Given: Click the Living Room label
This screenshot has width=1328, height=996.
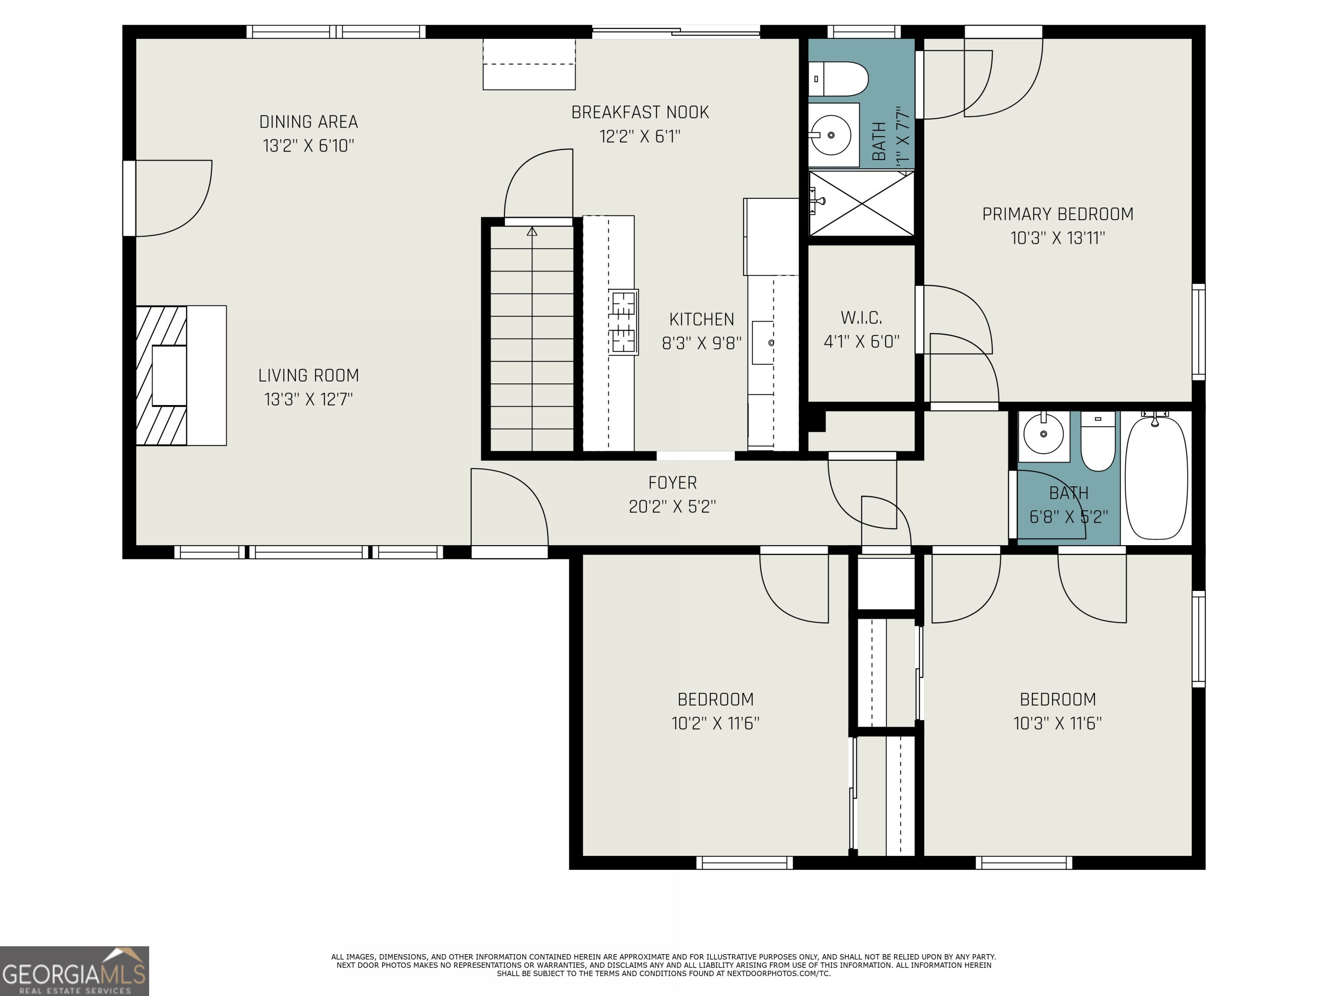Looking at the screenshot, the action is pos(309,376).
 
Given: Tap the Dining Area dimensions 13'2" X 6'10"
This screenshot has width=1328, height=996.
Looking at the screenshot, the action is pos(309,146).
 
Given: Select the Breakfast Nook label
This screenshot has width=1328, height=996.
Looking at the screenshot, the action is pos(640,112).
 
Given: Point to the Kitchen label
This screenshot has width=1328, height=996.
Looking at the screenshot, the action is pos(701,319).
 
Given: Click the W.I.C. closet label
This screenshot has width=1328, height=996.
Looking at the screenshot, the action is pos(862,318).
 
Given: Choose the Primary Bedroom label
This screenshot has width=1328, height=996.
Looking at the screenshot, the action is pos(1058,214).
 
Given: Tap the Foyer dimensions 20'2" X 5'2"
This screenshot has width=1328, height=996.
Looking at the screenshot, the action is pos(672,507).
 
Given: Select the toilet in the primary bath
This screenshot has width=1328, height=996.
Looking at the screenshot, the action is pos(839,79).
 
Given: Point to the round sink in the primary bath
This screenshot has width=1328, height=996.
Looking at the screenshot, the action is pos(830,135).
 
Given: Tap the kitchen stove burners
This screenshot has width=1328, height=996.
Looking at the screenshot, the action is pos(624,322).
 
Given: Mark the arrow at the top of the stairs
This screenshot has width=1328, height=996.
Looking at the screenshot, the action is pos(532,231).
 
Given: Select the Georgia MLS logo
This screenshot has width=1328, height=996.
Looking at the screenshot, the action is pos(74,971).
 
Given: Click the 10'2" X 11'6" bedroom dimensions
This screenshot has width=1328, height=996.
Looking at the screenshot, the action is pos(715,723).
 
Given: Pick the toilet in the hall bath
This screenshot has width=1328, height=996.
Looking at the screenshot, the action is pos(1098,441).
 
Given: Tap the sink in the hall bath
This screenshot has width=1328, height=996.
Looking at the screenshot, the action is pos(1044,434).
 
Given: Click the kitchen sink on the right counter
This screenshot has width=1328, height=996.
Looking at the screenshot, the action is pos(764,343).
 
